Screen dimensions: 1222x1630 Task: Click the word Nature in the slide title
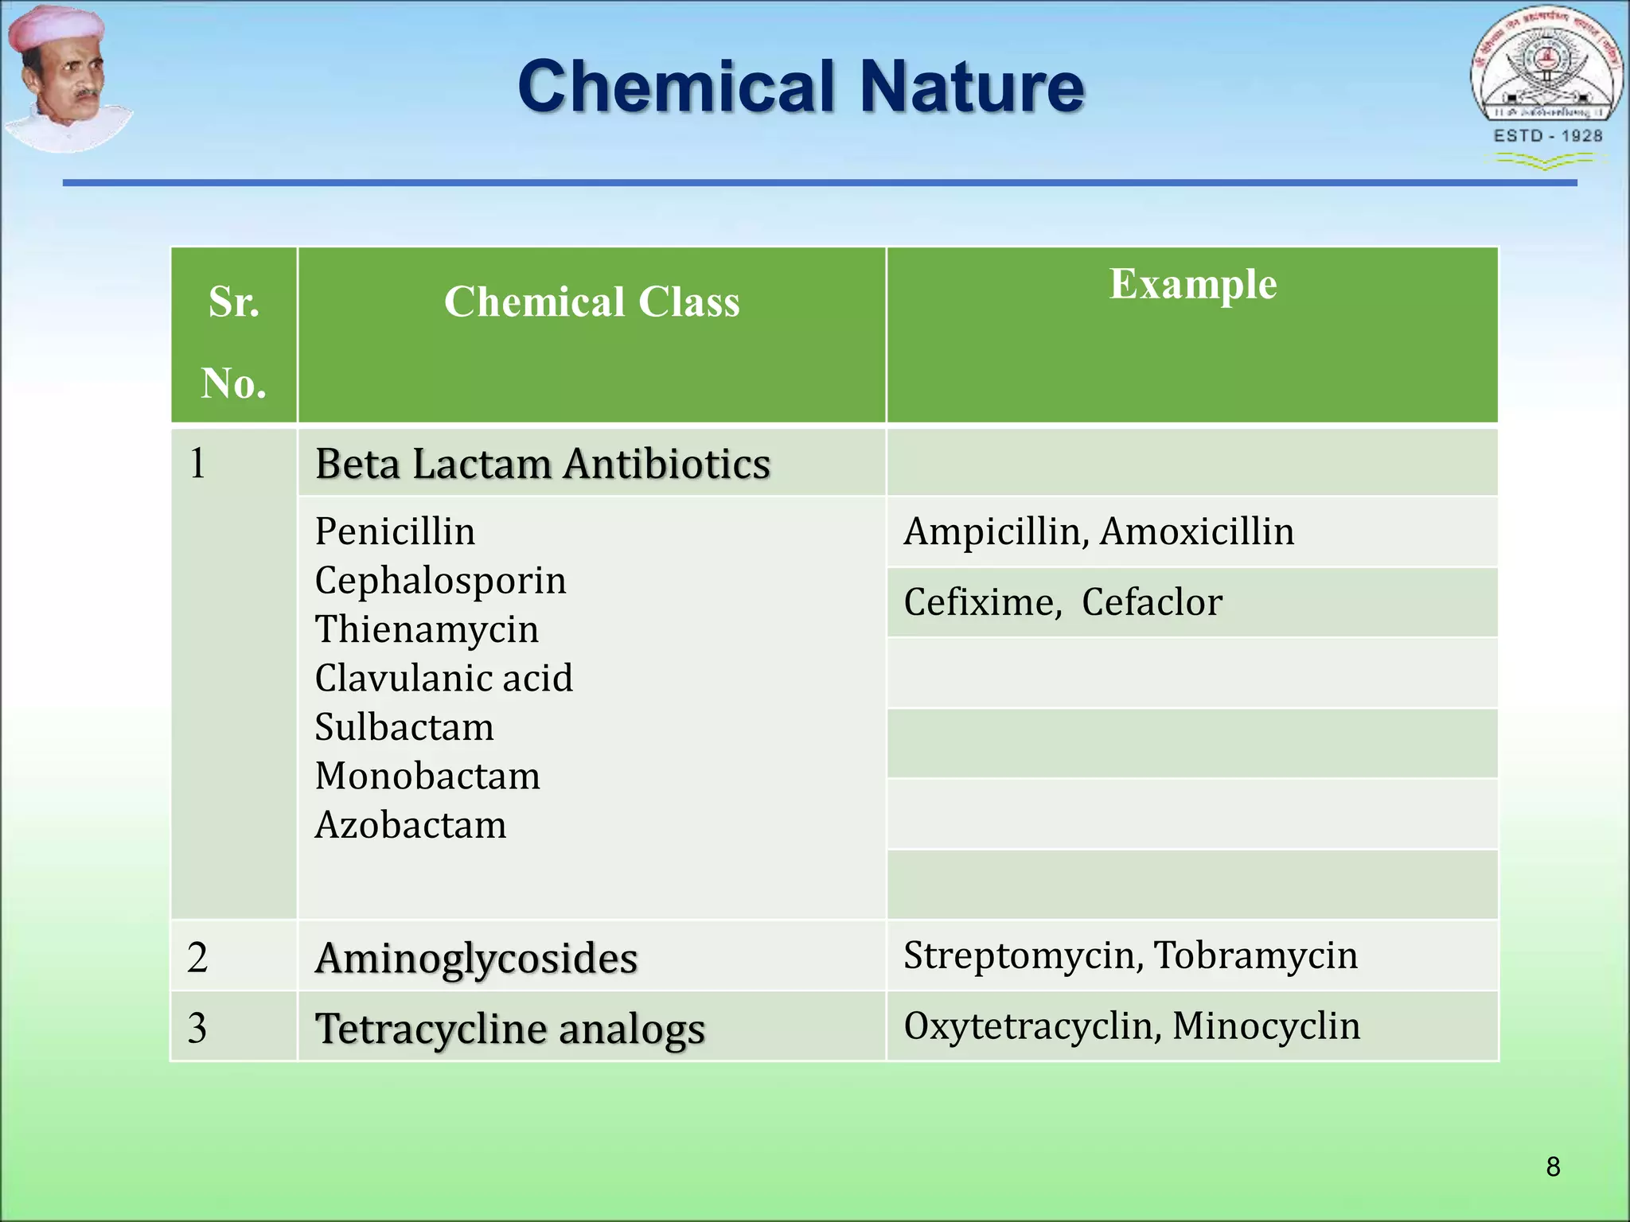(x=972, y=87)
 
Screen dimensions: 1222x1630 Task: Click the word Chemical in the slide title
(x=676, y=87)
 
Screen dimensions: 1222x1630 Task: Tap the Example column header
(x=1192, y=284)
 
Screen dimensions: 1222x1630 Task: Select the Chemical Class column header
(x=591, y=302)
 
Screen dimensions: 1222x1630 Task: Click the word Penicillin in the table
(x=395, y=531)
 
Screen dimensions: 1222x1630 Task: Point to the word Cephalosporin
(x=440, y=580)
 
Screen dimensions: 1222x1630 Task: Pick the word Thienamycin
(x=427, y=629)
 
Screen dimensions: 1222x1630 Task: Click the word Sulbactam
(x=404, y=727)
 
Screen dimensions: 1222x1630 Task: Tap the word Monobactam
(x=427, y=776)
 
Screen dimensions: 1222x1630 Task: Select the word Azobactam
(x=411, y=825)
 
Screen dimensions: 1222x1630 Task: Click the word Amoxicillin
(x=1197, y=531)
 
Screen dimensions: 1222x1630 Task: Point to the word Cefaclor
(x=1151, y=602)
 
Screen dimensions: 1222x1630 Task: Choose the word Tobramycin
(x=1255, y=955)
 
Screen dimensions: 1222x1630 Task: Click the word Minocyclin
(x=1265, y=1025)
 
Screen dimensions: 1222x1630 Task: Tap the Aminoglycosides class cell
(x=476, y=957)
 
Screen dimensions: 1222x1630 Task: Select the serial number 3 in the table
(x=197, y=1028)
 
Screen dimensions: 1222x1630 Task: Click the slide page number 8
(x=1553, y=1166)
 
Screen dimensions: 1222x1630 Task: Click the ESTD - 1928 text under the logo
(x=1547, y=136)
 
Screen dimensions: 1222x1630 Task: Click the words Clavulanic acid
(x=443, y=679)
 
